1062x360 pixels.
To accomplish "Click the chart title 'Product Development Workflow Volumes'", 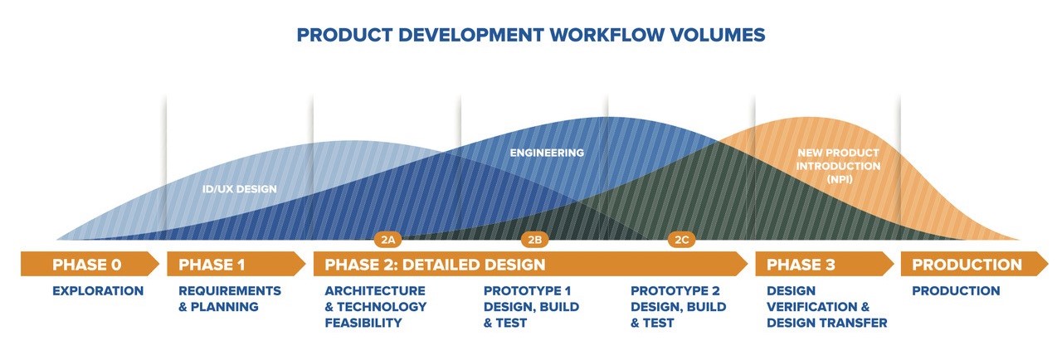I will (x=531, y=35).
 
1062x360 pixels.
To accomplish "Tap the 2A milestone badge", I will (x=388, y=240).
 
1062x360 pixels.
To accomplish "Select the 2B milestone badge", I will (x=535, y=240).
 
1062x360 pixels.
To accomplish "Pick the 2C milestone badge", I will (x=681, y=240).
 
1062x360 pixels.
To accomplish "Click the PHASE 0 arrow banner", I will (x=87, y=265).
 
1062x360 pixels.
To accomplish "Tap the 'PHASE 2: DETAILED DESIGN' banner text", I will (x=435, y=265).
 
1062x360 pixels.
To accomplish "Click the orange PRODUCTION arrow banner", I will (x=967, y=265).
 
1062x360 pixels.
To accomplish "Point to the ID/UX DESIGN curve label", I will (x=240, y=189).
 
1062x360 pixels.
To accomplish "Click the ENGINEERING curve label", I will (x=547, y=153).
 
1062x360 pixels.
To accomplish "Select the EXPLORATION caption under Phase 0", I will (x=98, y=291).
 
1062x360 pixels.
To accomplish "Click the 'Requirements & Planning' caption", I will (x=230, y=299).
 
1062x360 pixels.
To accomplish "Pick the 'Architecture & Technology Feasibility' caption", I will (x=375, y=307).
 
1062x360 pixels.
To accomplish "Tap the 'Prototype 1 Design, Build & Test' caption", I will (x=531, y=307).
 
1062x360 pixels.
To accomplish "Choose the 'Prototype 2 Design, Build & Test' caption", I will (x=678, y=307).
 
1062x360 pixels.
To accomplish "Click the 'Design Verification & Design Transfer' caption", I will (x=826, y=307).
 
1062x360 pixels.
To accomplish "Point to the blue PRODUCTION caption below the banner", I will (x=956, y=291).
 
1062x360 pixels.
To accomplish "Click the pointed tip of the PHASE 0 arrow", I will (x=157, y=265).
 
